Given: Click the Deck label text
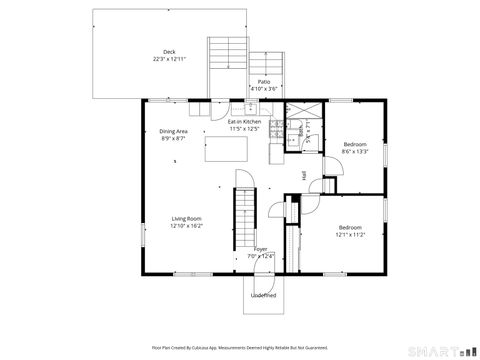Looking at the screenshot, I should [169, 52].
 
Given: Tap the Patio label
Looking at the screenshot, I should [264, 81].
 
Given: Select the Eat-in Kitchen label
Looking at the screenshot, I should [245, 122].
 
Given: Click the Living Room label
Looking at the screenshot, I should [187, 219].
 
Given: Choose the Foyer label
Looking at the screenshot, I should [260, 249].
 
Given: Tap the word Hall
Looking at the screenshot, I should [303, 175].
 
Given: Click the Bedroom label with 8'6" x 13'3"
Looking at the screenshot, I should [355, 145].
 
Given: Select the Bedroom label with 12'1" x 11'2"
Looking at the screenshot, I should [351, 226].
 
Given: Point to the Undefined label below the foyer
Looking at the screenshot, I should [264, 295].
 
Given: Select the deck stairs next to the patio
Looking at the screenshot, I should [228, 65].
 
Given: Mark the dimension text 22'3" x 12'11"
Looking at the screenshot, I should [169, 59].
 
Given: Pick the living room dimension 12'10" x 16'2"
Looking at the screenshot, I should [187, 226].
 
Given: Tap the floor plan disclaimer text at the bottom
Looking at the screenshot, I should [240, 348].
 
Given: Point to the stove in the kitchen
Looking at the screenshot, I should [276, 153].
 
